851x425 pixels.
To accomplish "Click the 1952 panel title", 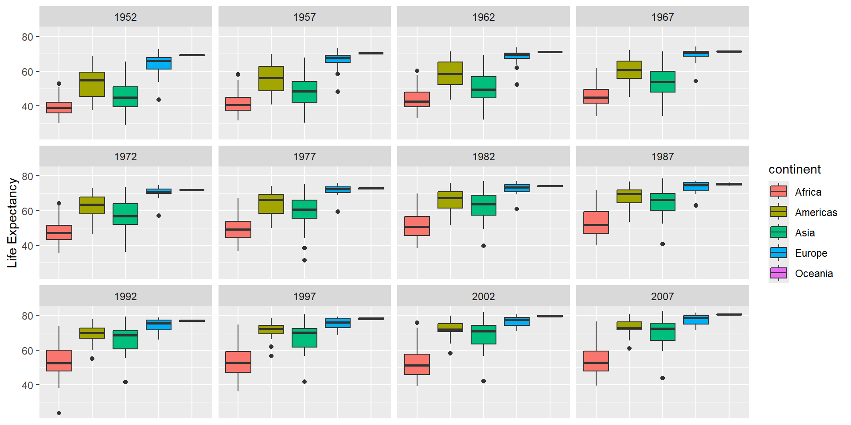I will [125, 17].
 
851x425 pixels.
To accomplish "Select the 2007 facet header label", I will [662, 297].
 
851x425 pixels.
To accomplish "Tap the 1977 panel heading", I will [304, 157].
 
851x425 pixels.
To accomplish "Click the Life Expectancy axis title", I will [12, 223].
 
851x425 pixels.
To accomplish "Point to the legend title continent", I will [794, 170].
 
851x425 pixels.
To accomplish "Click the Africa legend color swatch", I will [778, 192].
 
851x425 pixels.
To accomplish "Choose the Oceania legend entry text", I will [814, 274].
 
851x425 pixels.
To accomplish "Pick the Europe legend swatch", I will [778, 253].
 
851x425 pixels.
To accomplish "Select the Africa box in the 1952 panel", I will [59, 108].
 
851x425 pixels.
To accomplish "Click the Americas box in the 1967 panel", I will [629, 70].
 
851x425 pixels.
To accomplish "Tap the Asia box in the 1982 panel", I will [483, 205].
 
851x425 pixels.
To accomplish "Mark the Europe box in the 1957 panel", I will [337, 59].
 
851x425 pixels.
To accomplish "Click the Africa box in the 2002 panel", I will [417, 364].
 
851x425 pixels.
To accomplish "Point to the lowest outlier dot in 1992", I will [59, 413].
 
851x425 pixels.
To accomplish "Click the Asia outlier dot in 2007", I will [662, 378].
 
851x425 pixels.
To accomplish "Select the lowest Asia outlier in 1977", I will [304, 260].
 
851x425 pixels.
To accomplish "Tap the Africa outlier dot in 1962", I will [417, 71].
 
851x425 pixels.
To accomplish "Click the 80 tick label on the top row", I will [27, 37].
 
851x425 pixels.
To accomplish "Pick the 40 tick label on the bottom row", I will [27, 386].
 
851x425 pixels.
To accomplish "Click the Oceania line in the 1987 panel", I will [729, 184].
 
